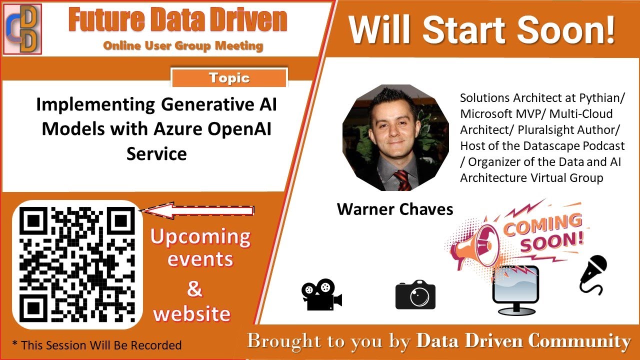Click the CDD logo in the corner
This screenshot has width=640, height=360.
click(22, 28)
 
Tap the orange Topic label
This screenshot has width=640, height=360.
click(229, 78)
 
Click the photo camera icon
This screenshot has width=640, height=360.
click(415, 295)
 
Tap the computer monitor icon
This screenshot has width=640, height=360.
click(515, 290)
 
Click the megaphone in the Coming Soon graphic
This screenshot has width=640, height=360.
click(472, 245)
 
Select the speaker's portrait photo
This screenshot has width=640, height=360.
click(395, 137)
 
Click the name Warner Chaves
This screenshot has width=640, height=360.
click(395, 209)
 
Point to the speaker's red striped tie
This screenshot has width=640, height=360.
click(402, 180)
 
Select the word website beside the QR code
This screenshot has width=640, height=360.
click(192, 313)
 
